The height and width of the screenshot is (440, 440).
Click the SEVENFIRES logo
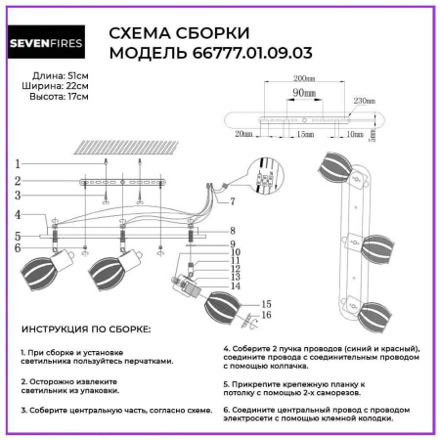[52, 44]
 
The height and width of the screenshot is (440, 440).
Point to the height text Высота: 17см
[47, 97]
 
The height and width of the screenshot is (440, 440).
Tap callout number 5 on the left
[17, 236]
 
